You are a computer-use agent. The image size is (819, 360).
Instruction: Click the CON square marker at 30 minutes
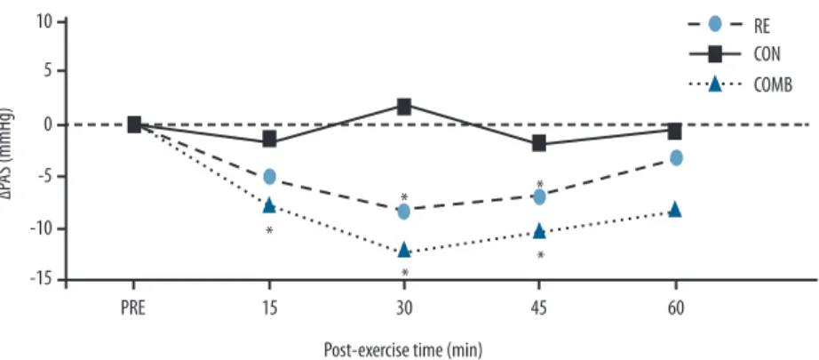coord(404,107)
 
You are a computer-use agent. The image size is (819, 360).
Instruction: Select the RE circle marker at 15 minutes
coord(269,176)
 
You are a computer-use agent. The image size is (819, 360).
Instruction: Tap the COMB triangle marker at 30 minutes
coord(404,249)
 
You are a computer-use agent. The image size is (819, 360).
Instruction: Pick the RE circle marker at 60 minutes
coord(676,157)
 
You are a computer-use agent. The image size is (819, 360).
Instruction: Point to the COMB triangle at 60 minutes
coord(675,209)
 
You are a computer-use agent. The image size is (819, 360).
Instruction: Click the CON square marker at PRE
coord(134,124)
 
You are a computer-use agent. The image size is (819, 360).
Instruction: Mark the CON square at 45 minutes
coord(539,143)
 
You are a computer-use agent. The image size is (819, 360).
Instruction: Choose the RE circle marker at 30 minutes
coord(404,212)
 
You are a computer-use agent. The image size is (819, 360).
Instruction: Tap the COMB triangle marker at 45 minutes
coord(539,230)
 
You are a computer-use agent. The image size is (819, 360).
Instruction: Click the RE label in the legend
coord(762,26)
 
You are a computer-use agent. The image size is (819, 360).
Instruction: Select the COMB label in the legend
coord(774,84)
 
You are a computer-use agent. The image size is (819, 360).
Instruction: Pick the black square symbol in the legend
coord(714,54)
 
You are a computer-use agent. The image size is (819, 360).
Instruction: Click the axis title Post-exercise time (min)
coord(403,348)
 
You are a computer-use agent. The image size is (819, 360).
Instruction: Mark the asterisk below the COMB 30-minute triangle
coord(404,273)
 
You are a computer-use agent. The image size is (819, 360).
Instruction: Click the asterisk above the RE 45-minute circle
coord(540,184)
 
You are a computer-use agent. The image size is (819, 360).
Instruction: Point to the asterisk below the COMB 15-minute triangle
coord(269,230)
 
